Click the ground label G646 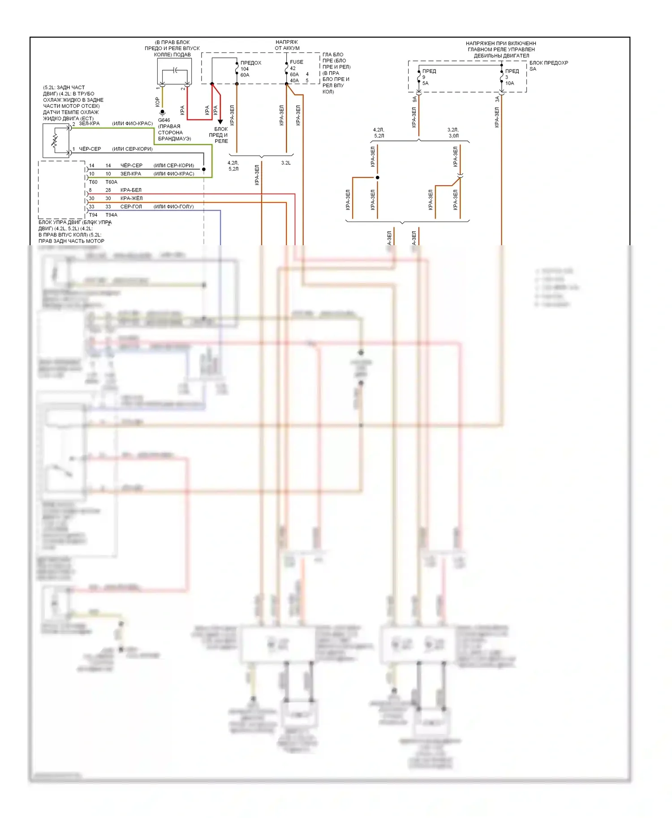pos(164,120)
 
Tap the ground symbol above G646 pos(163,112)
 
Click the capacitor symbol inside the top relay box pos(175,70)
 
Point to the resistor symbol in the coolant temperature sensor pos(55,141)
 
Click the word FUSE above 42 pos(296,62)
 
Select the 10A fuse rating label pos(509,83)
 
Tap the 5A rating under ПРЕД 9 pos(425,83)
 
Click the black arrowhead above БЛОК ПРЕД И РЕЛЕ pos(220,121)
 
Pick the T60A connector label pos(111,182)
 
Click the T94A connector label pos(111,215)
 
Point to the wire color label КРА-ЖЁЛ pos(131,198)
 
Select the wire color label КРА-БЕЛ pos(131,190)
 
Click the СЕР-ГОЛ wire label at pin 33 pos(131,207)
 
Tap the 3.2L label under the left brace pos(286,163)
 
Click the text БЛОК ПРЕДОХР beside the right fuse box pos(548,63)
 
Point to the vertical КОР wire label pos(157,102)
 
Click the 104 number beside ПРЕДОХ pos(244,69)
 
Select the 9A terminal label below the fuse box pos(414,99)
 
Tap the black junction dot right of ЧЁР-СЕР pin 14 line pos(204,170)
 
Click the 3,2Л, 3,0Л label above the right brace pos(453,132)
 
